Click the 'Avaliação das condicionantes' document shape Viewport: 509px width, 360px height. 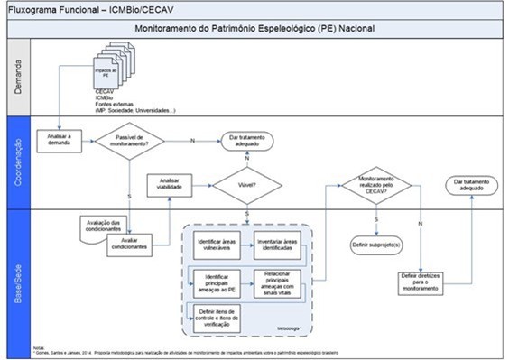[x=98, y=224]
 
